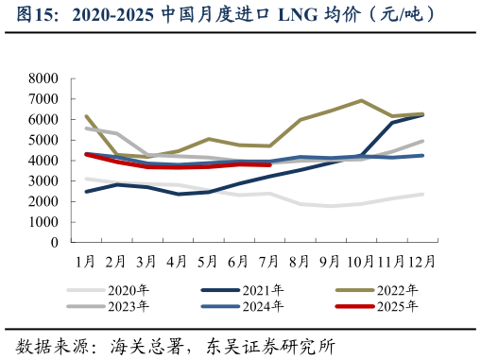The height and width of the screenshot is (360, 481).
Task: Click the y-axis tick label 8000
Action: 43,78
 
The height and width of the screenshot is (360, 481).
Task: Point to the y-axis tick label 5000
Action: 43,140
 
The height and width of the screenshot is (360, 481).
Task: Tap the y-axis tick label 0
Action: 55,243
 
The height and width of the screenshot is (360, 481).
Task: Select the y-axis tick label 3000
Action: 43,181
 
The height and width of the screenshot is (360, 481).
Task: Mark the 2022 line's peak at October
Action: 361,100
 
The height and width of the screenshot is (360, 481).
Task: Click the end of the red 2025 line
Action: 270,164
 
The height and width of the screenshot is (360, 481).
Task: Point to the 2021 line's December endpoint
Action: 422,114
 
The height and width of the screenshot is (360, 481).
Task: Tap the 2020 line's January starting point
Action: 86,179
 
